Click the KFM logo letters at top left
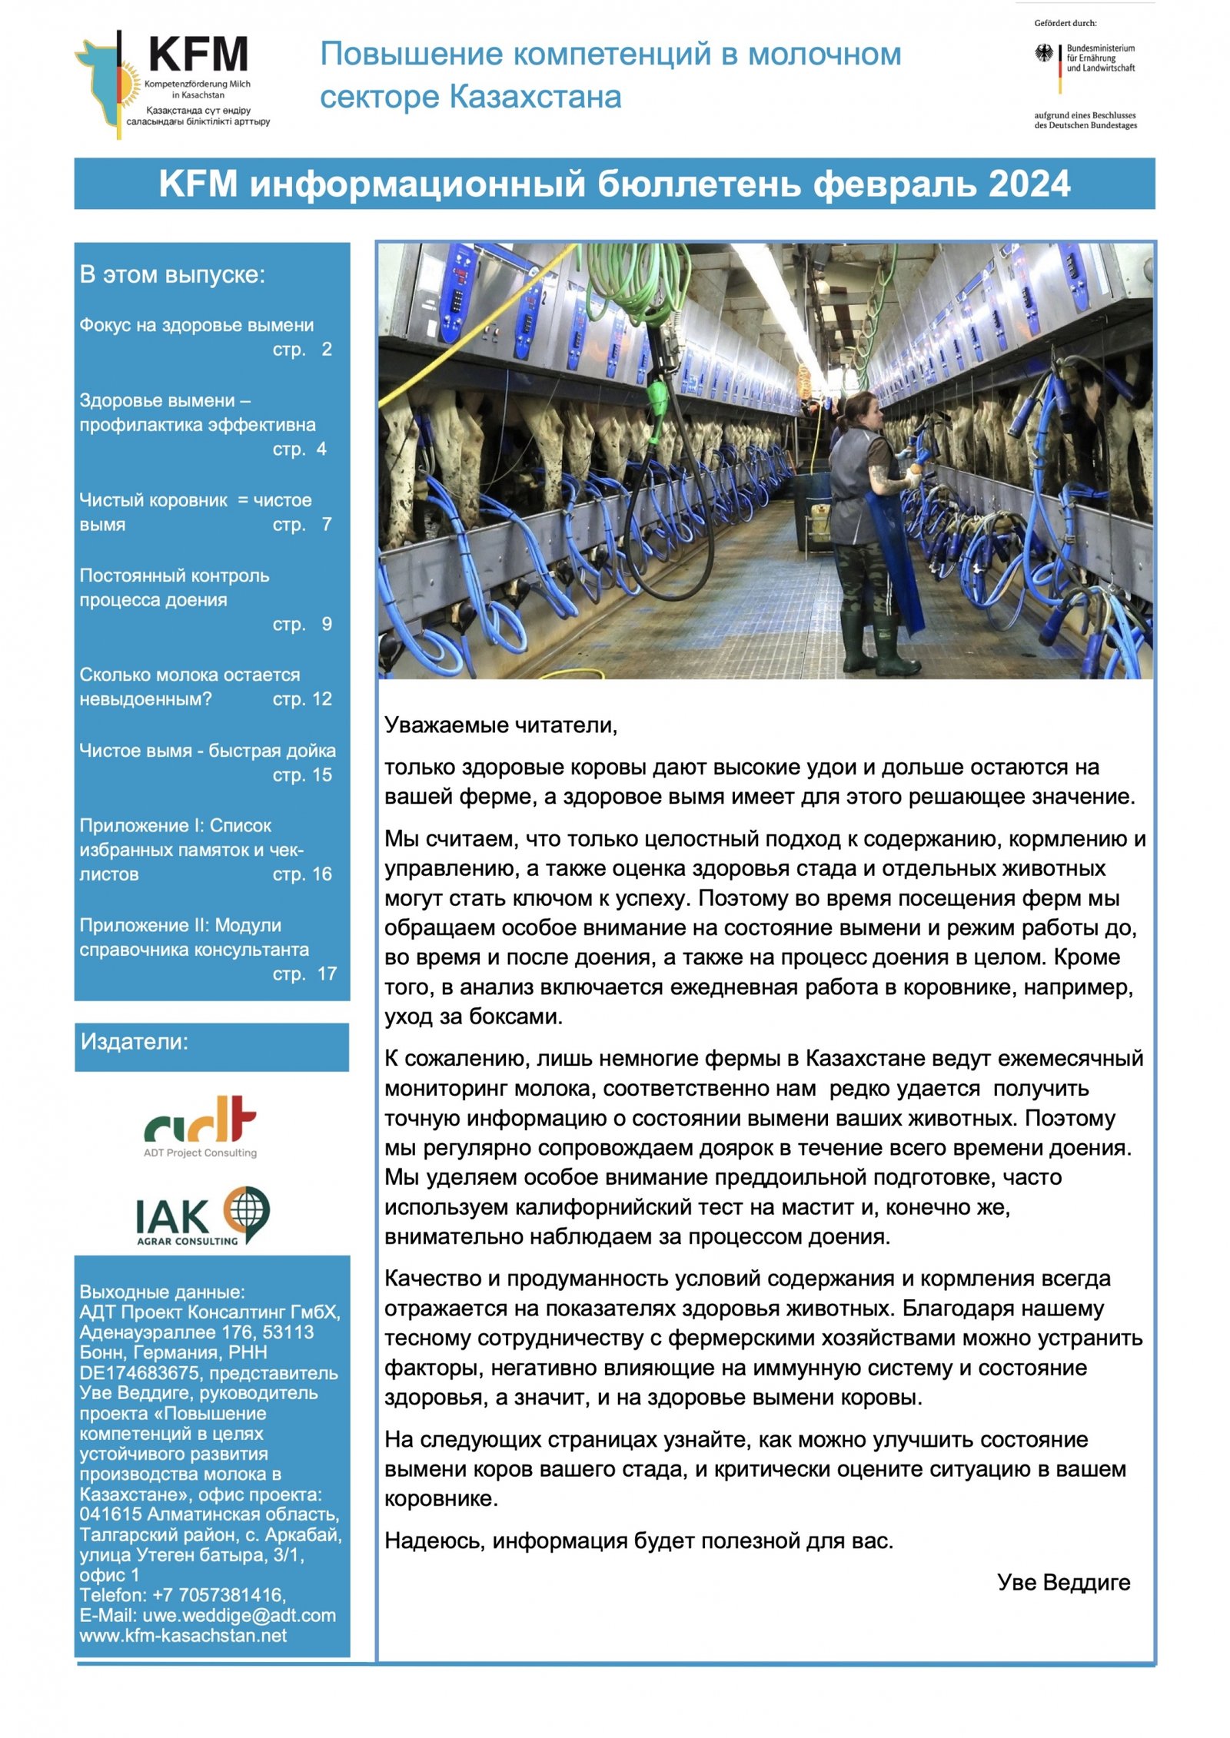click(x=198, y=55)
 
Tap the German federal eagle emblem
click(x=1044, y=54)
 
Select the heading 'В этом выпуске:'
click(x=172, y=274)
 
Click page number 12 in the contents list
click(x=321, y=699)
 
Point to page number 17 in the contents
click(x=327, y=973)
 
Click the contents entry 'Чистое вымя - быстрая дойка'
click(x=208, y=751)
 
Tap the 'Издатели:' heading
click(x=135, y=1042)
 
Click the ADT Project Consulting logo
click(x=200, y=1126)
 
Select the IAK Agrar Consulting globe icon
click(x=247, y=1212)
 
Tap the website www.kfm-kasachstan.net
click(x=183, y=1635)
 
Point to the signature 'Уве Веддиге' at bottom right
click(x=1063, y=1582)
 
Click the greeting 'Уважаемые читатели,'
click(x=500, y=725)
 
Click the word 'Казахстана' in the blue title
click(x=535, y=98)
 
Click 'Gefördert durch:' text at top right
click(x=1065, y=23)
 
